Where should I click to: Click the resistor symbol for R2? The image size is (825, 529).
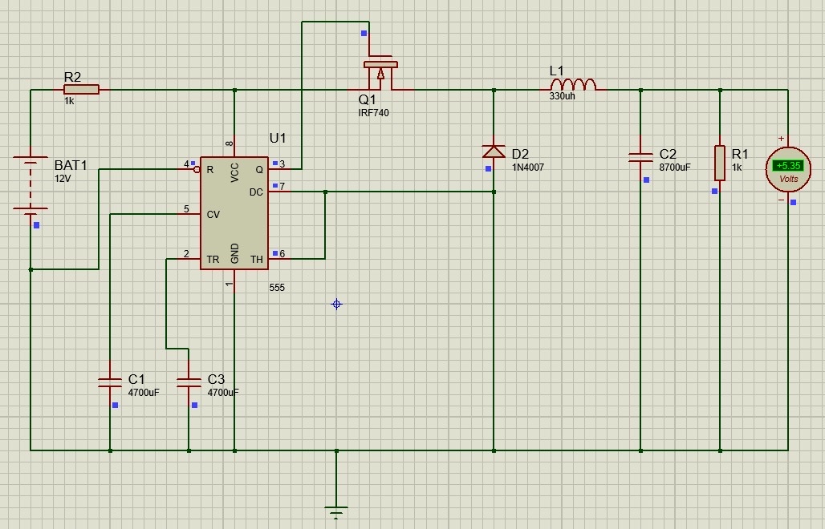(81, 90)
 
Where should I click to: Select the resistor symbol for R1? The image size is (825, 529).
(720, 163)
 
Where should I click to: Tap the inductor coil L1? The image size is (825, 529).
(573, 85)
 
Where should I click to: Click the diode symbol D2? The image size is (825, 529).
(494, 151)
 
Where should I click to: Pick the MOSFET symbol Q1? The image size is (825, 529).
(380, 75)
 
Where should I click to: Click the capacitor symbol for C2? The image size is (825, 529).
(640, 158)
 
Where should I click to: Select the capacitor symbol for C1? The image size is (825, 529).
(110, 382)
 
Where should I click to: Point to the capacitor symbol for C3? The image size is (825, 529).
(189, 382)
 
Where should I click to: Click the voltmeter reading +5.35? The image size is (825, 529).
(788, 166)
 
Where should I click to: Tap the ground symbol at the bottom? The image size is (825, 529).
(336, 511)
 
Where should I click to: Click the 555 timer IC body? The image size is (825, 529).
(234, 212)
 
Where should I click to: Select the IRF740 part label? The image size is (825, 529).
(373, 113)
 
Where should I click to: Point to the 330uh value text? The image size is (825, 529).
(562, 96)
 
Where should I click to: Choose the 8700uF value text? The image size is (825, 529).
(675, 168)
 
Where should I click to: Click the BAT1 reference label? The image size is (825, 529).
(71, 165)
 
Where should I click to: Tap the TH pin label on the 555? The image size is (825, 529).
(257, 259)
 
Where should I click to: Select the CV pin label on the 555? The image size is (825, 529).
(213, 215)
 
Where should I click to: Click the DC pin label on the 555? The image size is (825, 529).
(256, 192)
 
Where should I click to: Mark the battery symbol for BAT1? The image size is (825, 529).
(30, 185)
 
